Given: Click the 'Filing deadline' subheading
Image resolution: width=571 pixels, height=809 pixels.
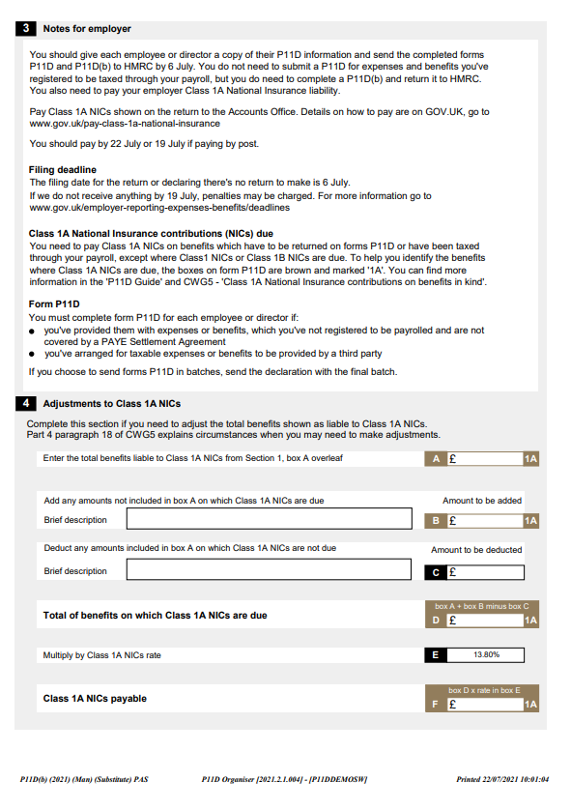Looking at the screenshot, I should [x=63, y=170].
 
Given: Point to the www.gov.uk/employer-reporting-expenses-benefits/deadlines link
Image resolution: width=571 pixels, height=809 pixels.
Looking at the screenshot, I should [x=159, y=208].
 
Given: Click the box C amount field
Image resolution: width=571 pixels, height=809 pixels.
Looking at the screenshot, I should [x=485, y=571].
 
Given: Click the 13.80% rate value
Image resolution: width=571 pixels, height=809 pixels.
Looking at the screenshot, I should [x=485, y=655].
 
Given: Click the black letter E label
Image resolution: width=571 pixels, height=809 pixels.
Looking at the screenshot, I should [x=436, y=655].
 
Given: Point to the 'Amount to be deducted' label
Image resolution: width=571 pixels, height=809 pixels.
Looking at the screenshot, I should [x=476, y=550].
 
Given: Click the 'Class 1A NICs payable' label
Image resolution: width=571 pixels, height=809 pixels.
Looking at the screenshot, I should [x=95, y=699].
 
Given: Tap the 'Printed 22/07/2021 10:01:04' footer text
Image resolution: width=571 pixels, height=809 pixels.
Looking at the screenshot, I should [x=501, y=779].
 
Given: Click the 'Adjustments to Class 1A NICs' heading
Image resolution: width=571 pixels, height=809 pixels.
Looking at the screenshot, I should [x=112, y=403].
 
